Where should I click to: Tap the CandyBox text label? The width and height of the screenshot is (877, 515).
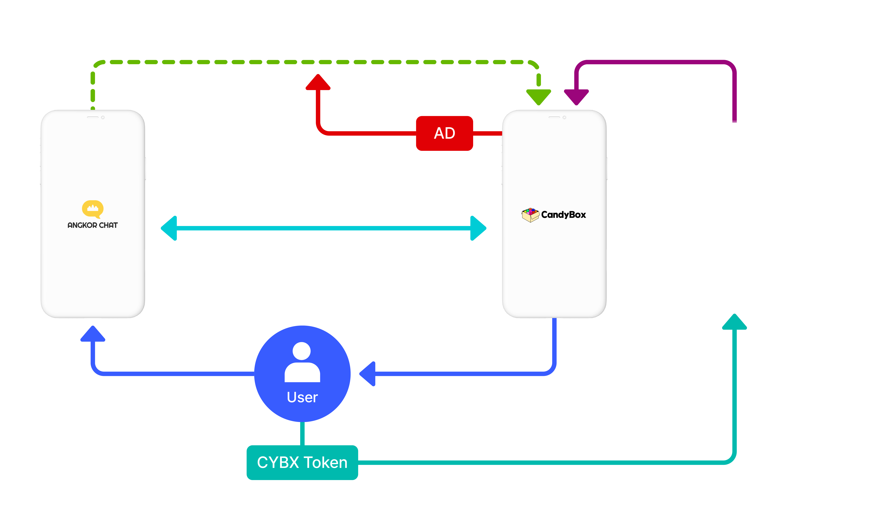(x=563, y=215)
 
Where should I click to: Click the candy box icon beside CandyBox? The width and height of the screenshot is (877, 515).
(x=530, y=215)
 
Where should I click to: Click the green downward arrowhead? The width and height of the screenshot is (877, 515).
(x=538, y=97)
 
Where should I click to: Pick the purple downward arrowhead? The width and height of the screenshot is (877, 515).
(x=576, y=97)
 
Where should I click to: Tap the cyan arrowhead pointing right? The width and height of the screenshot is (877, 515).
(x=478, y=228)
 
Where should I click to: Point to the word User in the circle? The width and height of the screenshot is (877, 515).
(x=302, y=397)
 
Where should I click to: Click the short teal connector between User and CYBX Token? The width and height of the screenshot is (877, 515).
(x=302, y=434)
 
